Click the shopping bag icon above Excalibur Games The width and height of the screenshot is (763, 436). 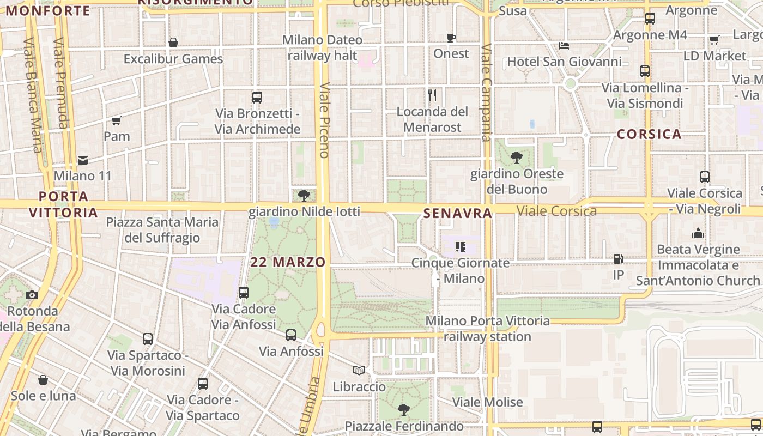[x=173, y=43]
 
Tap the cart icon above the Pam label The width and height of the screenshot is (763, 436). [x=116, y=120]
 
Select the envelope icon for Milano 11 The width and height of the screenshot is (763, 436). [x=83, y=160]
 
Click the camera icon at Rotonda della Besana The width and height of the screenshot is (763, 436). [x=32, y=295]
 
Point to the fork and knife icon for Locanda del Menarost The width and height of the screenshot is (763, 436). [x=432, y=95]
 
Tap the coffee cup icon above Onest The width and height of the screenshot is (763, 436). [x=451, y=38]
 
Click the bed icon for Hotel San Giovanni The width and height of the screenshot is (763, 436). [x=564, y=46]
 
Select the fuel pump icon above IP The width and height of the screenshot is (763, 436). [x=618, y=259]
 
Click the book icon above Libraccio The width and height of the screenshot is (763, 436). [x=359, y=371]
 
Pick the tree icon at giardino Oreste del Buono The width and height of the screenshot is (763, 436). [x=517, y=158]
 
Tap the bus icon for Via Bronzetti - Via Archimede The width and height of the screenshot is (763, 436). [x=257, y=98]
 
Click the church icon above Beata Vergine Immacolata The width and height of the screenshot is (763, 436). [x=698, y=234]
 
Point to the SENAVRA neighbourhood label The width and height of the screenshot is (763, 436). [x=458, y=214]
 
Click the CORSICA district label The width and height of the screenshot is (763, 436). [x=649, y=134]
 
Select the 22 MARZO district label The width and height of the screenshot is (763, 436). [x=288, y=262]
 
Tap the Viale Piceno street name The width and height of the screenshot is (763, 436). [x=324, y=120]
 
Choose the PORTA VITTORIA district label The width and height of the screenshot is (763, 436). [x=63, y=204]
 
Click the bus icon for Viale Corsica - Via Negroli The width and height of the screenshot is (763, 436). [x=705, y=177]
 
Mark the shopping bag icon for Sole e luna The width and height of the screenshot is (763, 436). [x=43, y=380]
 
